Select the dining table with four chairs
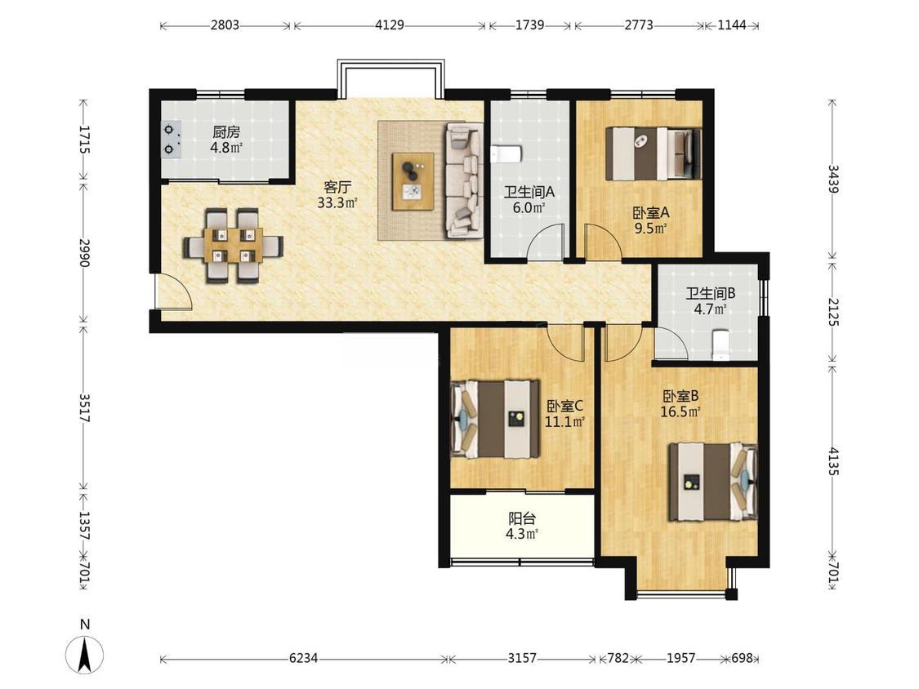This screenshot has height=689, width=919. pyautogui.click(x=234, y=246)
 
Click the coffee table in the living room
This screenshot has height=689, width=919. pyautogui.click(x=413, y=181)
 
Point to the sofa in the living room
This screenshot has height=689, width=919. pyautogui.click(x=464, y=180)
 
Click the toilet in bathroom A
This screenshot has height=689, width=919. pyautogui.click(x=505, y=154)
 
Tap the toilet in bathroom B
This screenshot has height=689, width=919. pyautogui.click(x=720, y=345)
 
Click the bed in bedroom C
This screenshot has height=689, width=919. pyautogui.click(x=496, y=419)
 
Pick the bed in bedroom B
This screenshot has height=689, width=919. pyautogui.click(x=712, y=482)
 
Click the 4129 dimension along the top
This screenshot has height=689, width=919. pyautogui.click(x=390, y=25)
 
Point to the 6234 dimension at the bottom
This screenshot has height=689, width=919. pyautogui.click(x=304, y=658)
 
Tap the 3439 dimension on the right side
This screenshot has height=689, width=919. pyautogui.click(x=833, y=179)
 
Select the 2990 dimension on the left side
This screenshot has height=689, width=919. pyautogui.click(x=84, y=253)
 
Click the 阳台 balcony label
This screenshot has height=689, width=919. pyautogui.click(x=522, y=518)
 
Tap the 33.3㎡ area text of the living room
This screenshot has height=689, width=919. pyautogui.click(x=337, y=202)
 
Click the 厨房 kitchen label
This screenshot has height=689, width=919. pyautogui.click(x=226, y=131)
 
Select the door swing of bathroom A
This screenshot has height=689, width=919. pyautogui.click(x=546, y=242)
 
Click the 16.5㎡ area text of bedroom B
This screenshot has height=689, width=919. pyautogui.click(x=680, y=412)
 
